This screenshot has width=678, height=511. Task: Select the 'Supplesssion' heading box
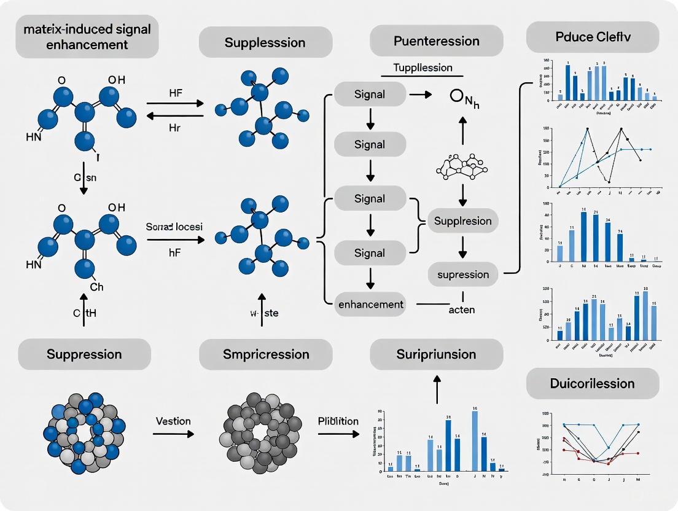tap(265, 43)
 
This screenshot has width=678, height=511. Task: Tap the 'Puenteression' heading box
tap(436, 41)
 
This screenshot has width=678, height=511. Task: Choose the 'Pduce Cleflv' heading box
tap(593, 37)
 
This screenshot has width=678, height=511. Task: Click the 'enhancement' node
tap(370, 304)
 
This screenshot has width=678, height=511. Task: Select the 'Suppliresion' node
tap(463, 220)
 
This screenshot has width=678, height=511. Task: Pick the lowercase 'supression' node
tap(463, 275)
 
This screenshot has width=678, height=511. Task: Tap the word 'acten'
tap(461, 310)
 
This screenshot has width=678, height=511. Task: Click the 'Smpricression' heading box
tap(265, 354)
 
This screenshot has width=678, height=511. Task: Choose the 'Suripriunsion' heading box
tap(436, 354)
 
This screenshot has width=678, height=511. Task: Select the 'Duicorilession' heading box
tap(593, 383)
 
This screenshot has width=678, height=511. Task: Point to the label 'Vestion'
tap(173, 421)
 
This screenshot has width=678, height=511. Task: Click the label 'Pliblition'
tap(338, 421)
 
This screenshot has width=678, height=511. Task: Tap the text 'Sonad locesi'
tap(174, 227)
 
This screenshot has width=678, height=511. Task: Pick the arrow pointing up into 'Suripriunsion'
tap(437, 389)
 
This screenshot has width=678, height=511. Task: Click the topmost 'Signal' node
tap(370, 95)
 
